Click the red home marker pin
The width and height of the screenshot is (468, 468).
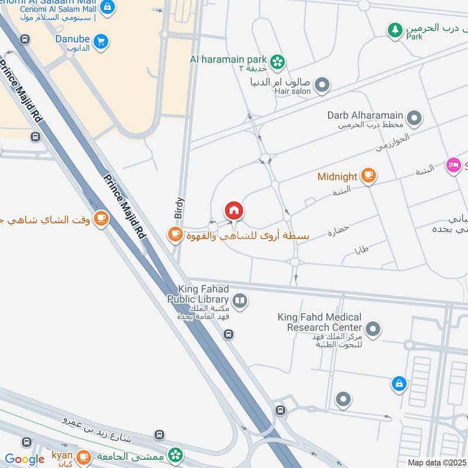(234, 211)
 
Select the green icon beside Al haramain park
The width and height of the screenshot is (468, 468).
(277, 60)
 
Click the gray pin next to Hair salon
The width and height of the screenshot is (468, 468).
(322, 87)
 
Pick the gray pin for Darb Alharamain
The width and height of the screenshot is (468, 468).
(414, 119)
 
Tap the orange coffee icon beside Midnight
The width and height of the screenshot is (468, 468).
(368, 176)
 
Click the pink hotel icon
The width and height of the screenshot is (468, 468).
(453, 166)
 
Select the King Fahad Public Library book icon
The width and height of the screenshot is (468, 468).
(240, 301)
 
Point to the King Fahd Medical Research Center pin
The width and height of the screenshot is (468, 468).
(373, 329)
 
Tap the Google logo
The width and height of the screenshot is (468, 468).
(25, 459)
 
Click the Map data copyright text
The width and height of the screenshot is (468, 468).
(437, 462)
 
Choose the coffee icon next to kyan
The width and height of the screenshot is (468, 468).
(84, 456)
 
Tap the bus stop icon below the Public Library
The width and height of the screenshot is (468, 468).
(228, 334)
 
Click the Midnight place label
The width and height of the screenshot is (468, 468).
(337, 177)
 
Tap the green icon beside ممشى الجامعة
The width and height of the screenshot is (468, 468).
(175, 455)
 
